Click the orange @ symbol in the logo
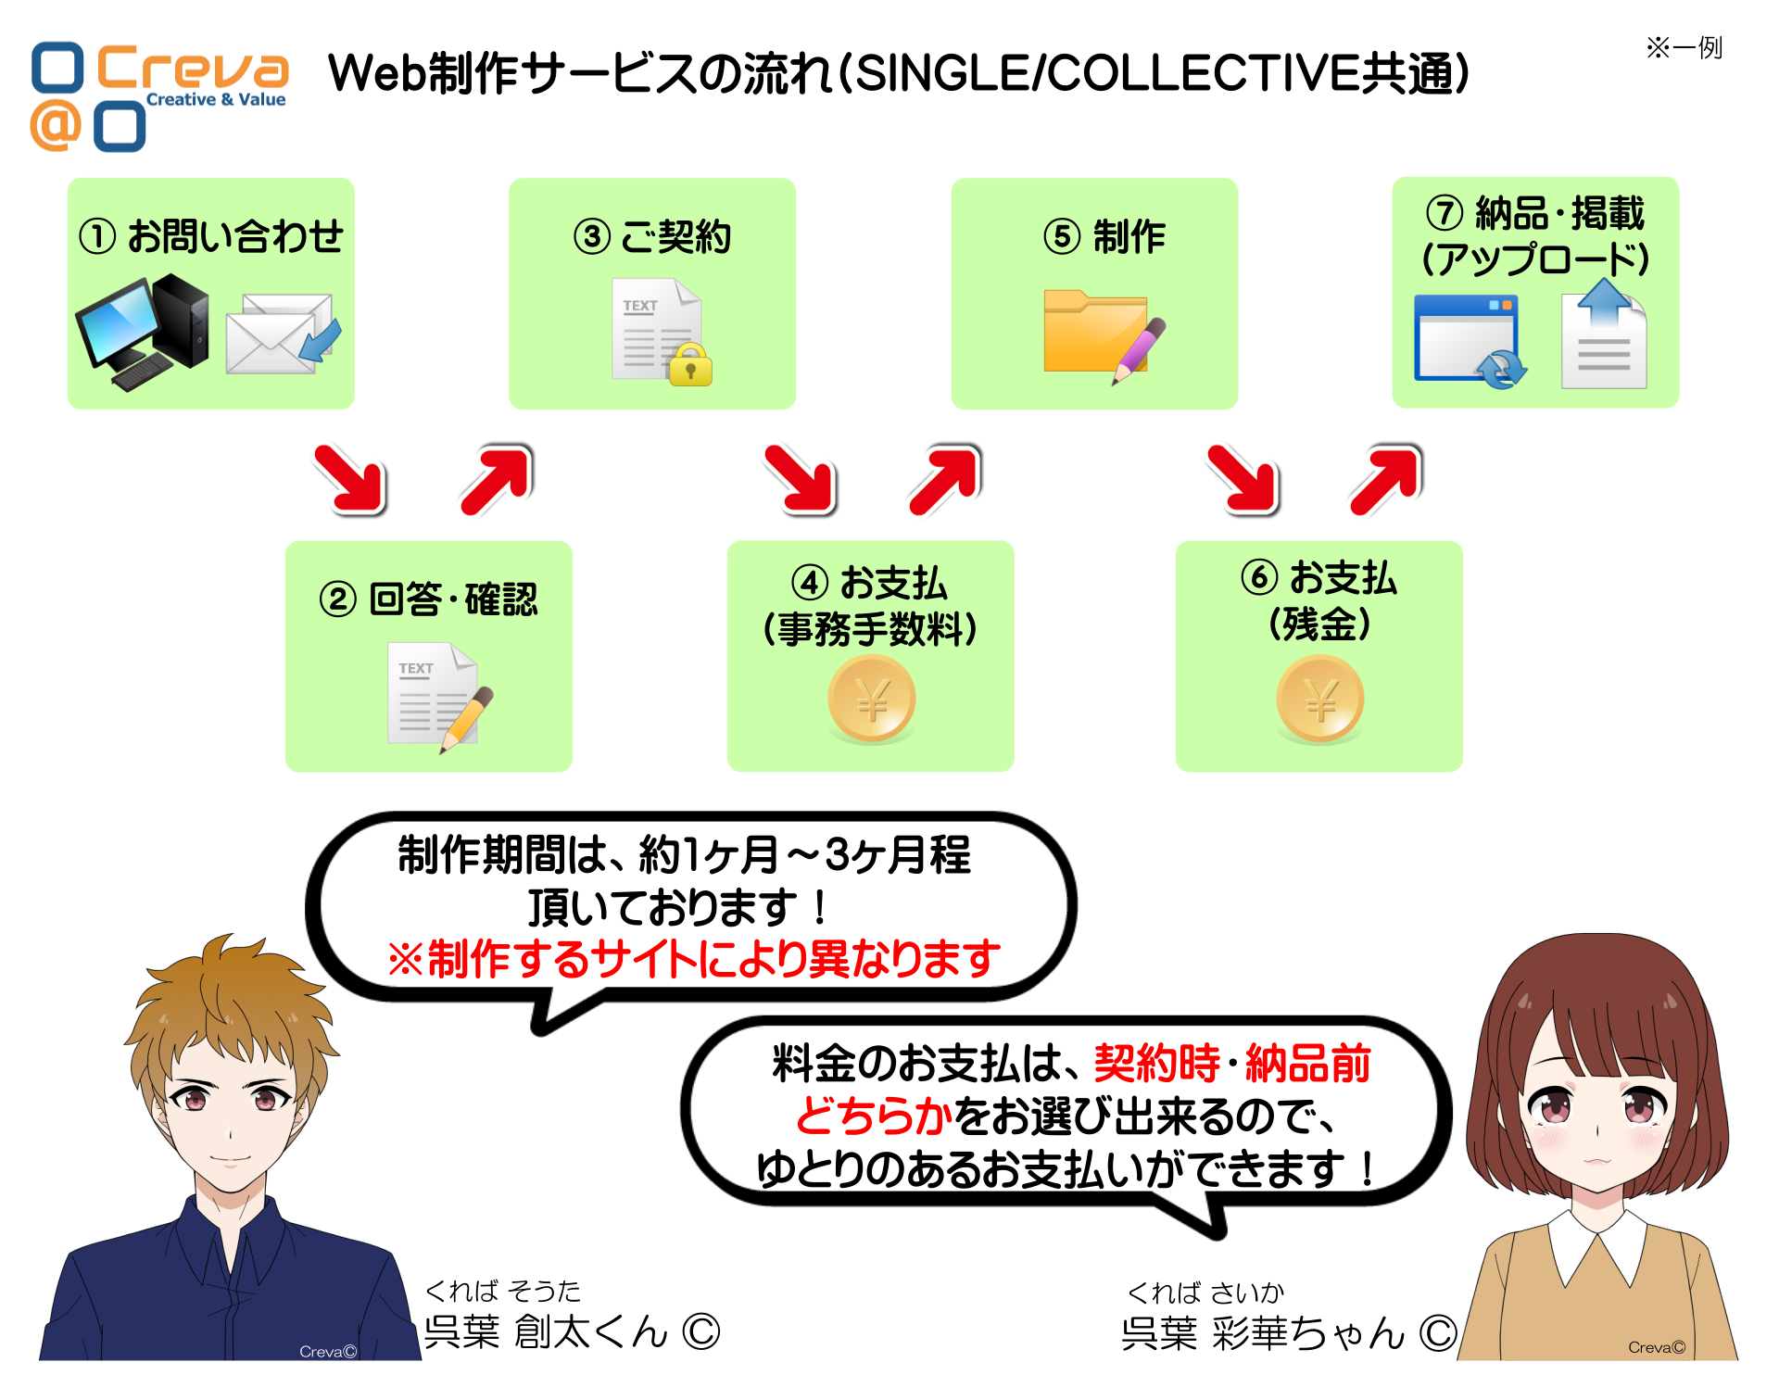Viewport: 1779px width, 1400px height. coord(56,125)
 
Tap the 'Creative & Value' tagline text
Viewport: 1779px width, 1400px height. coord(216,99)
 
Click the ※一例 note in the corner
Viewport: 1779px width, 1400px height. coord(1684,47)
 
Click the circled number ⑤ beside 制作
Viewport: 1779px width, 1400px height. coord(1062,236)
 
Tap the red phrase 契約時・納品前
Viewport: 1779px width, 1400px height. coord(1232,1063)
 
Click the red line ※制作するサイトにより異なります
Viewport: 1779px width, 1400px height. coord(694,958)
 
